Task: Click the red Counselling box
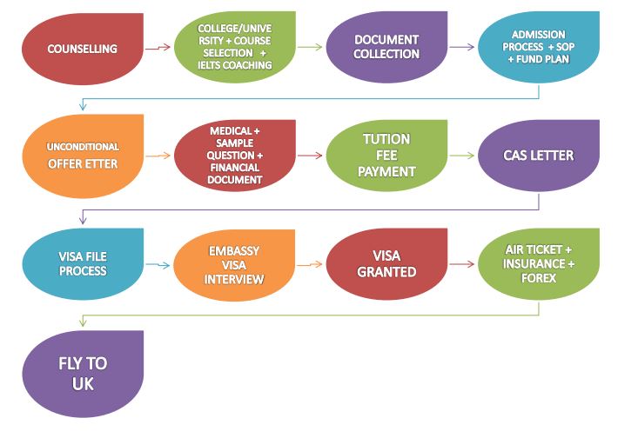[82, 48]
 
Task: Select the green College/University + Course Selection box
[234, 47]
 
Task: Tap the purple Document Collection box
[386, 47]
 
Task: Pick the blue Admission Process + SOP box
[539, 47]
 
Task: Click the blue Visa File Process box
[83, 264]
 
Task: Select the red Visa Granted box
[386, 264]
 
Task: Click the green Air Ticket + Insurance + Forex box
[539, 263]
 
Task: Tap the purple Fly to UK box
[83, 372]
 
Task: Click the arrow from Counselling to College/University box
[158, 48]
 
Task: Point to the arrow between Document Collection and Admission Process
[462, 47]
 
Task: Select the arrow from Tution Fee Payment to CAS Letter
[462, 156]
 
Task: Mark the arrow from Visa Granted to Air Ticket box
[462, 264]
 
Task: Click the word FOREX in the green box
[539, 278]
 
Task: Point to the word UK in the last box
[83, 382]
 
